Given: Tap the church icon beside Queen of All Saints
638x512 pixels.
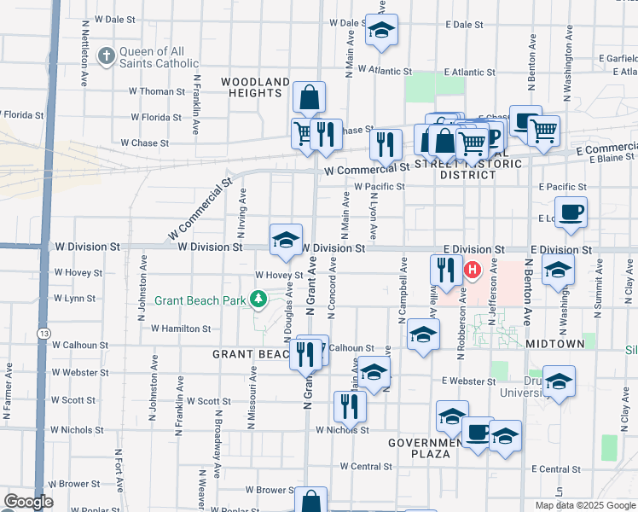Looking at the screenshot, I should pyautogui.click(x=106, y=56).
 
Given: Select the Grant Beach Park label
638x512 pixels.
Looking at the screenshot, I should pyautogui.click(x=200, y=300).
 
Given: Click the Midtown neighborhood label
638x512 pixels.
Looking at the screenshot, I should pyautogui.click(x=555, y=343).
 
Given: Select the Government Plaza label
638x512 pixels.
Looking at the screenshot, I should pyautogui.click(x=431, y=448).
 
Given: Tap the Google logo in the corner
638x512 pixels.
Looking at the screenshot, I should pyautogui.click(x=28, y=502).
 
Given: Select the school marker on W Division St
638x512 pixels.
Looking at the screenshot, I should pyautogui.click(x=287, y=239).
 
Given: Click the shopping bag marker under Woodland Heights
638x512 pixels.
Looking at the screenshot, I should pyautogui.click(x=309, y=97).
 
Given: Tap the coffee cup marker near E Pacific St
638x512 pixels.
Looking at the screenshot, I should pyautogui.click(x=571, y=212).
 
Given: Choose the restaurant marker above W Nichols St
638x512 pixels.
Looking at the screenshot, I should pyautogui.click(x=350, y=407).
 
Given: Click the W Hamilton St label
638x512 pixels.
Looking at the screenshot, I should pyautogui.click(x=181, y=328).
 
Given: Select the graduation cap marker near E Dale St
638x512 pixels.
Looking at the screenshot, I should pyautogui.click(x=381, y=31).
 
